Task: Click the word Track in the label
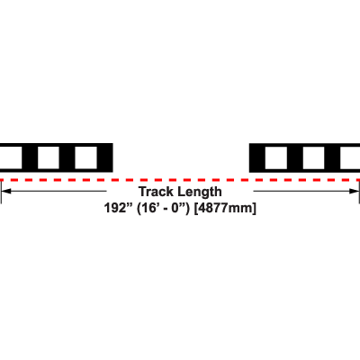[157, 192]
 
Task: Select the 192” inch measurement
[119, 208]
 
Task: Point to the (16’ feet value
[149, 208]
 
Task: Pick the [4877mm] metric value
[225, 208]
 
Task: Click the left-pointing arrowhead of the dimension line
[6, 191]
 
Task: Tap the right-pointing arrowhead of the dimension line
[354, 191]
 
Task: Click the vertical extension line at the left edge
[1, 192]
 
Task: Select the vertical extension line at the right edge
[359, 192]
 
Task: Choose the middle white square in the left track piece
[49, 157]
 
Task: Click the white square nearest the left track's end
[85, 157]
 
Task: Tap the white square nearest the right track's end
[276, 157]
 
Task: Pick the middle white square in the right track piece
[314, 157]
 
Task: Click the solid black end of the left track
[105, 157]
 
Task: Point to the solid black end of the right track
[257, 157]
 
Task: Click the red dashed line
[180, 180]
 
